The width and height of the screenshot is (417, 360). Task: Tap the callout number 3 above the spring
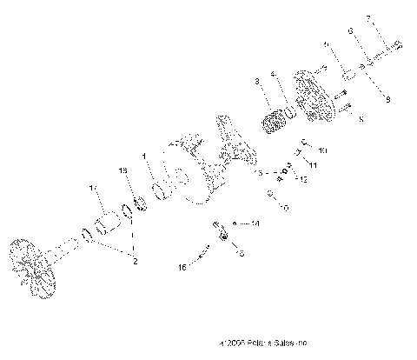click(257, 81)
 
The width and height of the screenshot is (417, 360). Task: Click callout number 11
click(314, 164)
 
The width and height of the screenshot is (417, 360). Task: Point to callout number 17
click(93, 188)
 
